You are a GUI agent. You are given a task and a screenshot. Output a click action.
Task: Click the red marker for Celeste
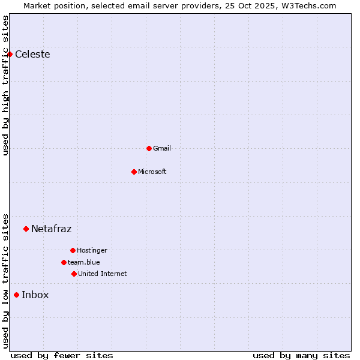10,55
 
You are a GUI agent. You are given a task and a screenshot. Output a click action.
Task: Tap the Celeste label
32,55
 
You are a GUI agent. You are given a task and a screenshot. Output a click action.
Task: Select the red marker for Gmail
149,148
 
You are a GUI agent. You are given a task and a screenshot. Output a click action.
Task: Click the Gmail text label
162,148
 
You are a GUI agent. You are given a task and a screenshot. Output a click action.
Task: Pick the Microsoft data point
134,172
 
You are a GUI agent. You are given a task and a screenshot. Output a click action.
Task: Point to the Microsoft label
152,172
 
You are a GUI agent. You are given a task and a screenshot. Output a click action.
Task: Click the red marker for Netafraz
26,229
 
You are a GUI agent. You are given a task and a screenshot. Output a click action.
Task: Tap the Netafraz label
51,229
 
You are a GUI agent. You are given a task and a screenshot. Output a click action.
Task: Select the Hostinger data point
73,250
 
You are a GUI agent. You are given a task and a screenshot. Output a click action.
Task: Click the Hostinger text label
92,250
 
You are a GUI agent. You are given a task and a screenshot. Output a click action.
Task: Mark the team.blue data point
64,262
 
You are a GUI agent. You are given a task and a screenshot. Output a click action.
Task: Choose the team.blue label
84,262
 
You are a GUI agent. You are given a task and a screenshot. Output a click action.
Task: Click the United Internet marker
74,274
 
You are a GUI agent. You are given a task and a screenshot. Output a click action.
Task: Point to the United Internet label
103,274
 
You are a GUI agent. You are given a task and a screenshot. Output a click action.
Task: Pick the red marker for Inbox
16,295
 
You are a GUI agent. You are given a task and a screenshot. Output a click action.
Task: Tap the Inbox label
35,295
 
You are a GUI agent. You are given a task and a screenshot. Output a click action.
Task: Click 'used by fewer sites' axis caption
62,355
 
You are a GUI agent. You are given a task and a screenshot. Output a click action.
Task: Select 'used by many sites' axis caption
301,355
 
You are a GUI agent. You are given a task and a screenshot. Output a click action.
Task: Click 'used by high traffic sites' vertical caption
5,85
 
